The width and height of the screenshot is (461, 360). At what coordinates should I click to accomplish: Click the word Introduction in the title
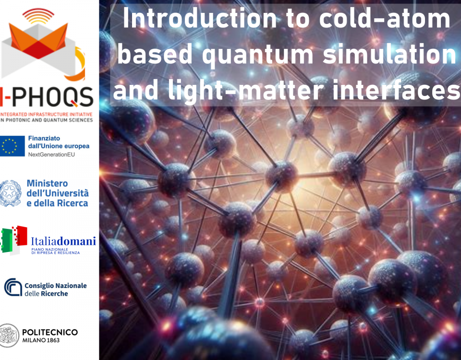point(200,19)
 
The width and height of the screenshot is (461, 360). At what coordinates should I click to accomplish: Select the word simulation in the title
point(389,53)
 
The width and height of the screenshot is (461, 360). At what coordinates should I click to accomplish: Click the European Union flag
point(12,146)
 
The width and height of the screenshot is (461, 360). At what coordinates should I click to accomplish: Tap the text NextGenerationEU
point(51,155)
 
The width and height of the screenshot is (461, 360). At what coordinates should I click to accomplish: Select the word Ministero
point(48,183)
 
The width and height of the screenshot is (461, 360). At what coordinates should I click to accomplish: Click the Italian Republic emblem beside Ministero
point(10,193)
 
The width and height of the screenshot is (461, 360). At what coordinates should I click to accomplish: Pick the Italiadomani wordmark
point(63,241)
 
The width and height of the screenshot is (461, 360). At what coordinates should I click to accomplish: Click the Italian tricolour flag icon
point(14,240)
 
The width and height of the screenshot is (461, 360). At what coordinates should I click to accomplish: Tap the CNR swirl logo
point(13,287)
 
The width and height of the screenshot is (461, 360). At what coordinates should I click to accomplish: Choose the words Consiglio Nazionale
point(56,286)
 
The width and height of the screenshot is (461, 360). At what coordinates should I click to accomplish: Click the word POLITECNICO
point(50,332)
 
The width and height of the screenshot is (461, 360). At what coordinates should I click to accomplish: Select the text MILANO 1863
point(41,340)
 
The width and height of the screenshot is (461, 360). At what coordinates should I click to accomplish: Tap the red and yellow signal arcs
point(38,16)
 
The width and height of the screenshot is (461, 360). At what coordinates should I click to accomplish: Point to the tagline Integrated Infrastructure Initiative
point(46,114)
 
